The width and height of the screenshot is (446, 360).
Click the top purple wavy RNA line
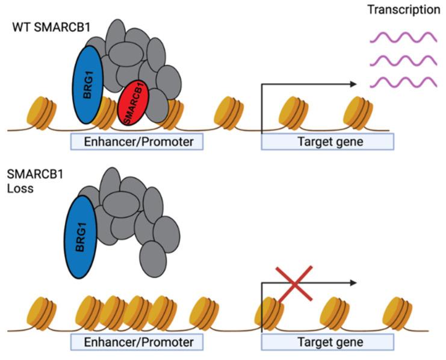coord(401,37)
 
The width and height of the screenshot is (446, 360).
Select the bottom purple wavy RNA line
coord(401,82)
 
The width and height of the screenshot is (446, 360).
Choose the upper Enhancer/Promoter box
coord(135,141)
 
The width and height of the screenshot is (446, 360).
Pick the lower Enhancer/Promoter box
coord(135,342)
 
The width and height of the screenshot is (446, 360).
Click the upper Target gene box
coord(327,141)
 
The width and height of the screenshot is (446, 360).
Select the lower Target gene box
coord(327,342)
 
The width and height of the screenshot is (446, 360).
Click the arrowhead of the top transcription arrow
coord(353,85)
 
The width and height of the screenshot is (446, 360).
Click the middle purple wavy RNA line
coord(401,60)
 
